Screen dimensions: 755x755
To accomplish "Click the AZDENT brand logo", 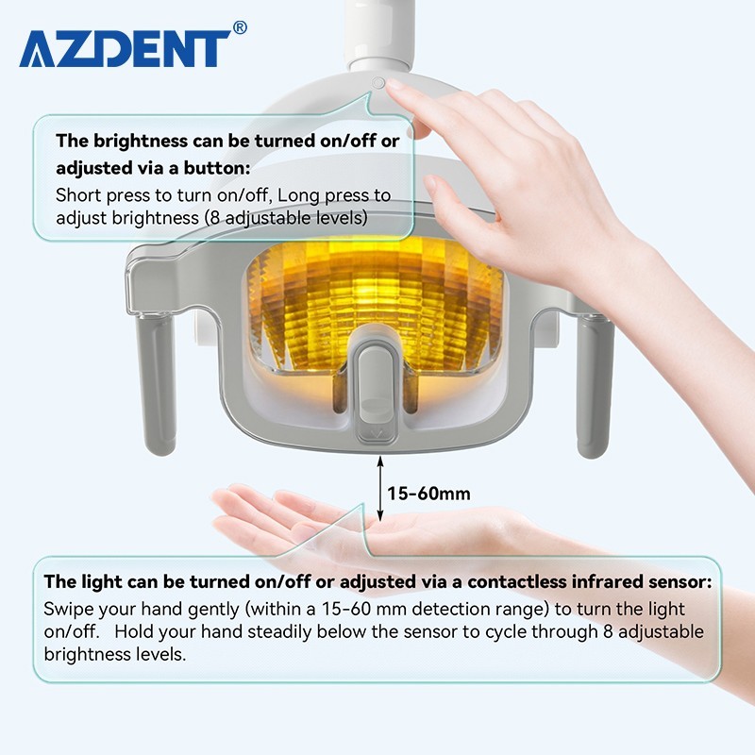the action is [126, 49].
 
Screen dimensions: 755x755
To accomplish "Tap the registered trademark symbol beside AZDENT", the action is [240, 27].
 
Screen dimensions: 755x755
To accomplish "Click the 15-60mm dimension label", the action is [428, 494].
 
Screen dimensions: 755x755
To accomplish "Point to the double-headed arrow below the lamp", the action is [380, 489].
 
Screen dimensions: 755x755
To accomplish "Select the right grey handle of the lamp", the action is [596, 385].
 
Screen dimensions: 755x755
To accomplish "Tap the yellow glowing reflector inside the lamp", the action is [376, 303].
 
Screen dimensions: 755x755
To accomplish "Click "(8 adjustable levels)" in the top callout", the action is [286, 218].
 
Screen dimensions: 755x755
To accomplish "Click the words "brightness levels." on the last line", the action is [115, 655].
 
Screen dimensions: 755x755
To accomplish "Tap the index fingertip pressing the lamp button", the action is [394, 85].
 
